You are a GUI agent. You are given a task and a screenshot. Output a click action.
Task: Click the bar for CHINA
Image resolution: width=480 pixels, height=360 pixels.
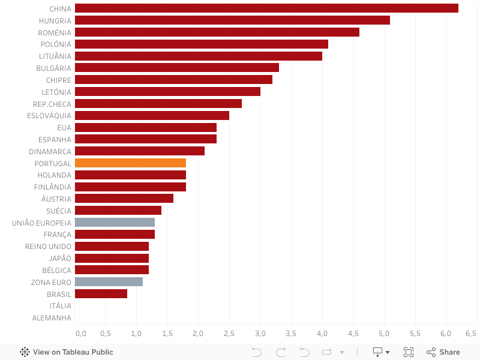pyautogui.click(x=266, y=8)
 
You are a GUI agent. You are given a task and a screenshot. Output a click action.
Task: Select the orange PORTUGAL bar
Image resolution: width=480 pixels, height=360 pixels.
pyautogui.click(x=130, y=163)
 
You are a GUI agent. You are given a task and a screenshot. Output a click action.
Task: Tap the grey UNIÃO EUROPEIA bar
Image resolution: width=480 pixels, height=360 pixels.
pyautogui.click(x=115, y=223)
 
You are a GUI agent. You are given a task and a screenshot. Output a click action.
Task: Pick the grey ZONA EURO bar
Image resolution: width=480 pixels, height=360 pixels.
pyautogui.click(x=109, y=282)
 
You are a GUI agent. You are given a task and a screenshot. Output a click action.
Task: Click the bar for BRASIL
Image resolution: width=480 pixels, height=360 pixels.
pyautogui.click(x=101, y=294)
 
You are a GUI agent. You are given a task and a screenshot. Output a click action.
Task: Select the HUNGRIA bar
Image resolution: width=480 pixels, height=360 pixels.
pyautogui.click(x=232, y=20)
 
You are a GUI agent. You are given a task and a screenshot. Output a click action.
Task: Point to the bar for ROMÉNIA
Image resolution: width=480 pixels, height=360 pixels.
pyautogui.click(x=217, y=32)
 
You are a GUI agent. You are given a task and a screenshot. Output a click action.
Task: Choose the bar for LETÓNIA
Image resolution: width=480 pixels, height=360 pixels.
pyautogui.click(x=167, y=92)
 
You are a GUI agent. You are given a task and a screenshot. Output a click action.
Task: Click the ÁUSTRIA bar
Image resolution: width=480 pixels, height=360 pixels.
pyautogui.click(x=124, y=199)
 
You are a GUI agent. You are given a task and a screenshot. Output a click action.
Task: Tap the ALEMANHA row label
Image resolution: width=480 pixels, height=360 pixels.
pyautogui.click(x=52, y=318)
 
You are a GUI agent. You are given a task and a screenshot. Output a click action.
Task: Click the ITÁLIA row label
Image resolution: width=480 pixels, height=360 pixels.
pyautogui.click(x=60, y=306)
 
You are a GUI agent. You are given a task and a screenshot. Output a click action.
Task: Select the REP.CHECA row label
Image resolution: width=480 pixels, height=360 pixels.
pyautogui.click(x=52, y=104)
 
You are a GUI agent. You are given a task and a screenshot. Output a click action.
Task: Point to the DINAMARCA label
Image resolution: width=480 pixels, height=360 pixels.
pyautogui.click(x=50, y=151)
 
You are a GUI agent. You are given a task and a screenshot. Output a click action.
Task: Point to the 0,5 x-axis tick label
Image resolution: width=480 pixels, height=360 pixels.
pyautogui.click(x=106, y=333)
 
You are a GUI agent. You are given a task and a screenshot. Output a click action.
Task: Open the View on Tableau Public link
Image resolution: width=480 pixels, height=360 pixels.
pyautogui.click(x=67, y=352)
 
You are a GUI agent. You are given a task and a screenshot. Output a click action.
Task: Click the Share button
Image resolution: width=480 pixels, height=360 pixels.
pyautogui.click(x=443, y=352)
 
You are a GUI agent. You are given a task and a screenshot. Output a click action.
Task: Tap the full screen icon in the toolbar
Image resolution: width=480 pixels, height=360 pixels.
pyautogui.click(x=409, y=352)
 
